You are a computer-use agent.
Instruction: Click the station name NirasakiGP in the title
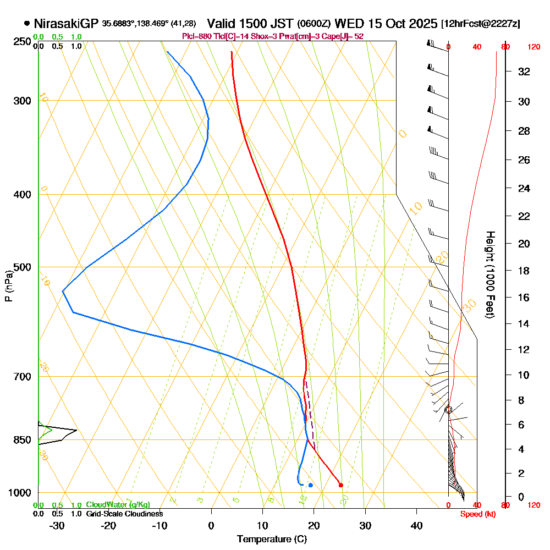[66, 24]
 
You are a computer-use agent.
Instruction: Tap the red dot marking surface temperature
[341, 485]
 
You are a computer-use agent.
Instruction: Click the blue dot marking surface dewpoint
[311, 485]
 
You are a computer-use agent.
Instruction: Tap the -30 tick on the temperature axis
[57, 526]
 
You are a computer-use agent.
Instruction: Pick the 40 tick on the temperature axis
[417, 526]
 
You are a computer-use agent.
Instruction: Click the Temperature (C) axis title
[272, 540]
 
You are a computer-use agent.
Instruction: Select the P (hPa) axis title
[8, 286]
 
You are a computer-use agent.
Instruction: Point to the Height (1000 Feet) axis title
[489, 274]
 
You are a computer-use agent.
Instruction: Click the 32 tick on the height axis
[525, 71]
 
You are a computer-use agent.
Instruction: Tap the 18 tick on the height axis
[525, 271]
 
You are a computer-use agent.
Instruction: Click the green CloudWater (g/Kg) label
[118, 505]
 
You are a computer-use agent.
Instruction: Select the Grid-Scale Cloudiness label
[124, 514]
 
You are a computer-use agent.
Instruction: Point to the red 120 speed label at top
[533, 47]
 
